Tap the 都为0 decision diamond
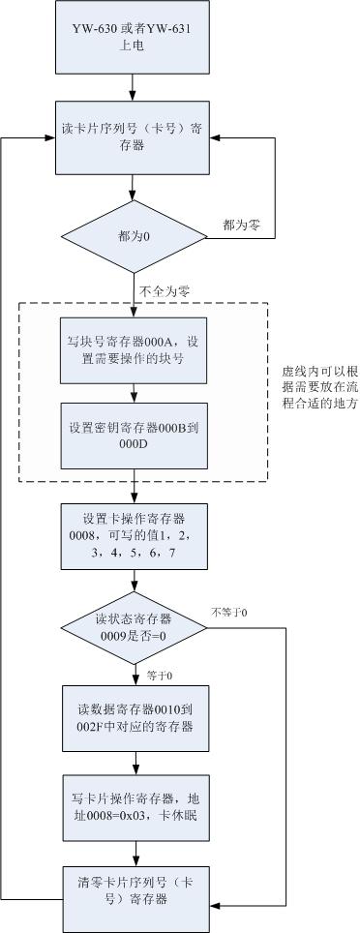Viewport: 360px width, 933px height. point(135,236)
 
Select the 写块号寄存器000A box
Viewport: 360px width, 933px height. point(135,349)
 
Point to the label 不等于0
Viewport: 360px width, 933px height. point(229,612)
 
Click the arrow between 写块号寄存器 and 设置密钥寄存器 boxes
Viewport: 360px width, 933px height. point(135,392)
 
